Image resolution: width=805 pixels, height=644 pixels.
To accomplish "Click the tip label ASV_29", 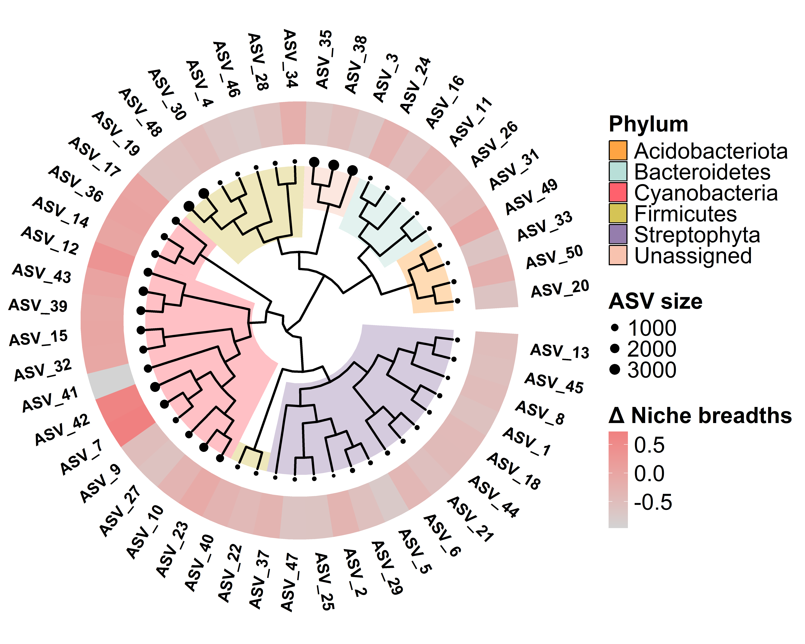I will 387,568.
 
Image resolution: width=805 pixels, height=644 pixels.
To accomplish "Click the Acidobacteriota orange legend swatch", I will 618,150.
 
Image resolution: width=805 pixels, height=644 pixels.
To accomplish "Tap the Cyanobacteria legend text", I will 706,193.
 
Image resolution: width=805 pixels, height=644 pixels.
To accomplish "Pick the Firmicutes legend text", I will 685,214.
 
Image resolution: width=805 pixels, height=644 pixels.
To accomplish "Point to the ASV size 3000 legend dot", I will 615,370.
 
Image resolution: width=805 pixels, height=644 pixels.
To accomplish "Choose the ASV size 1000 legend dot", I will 615,328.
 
